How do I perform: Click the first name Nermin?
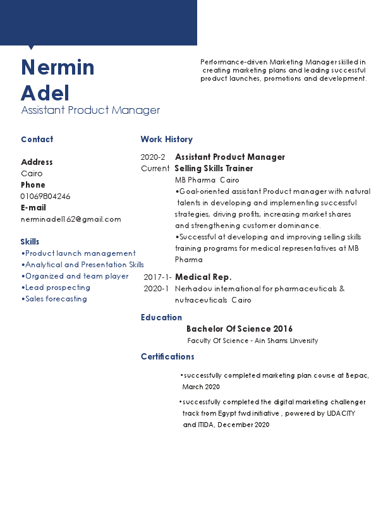[x=58, y=68]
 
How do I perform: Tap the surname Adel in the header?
[x=45, y=93]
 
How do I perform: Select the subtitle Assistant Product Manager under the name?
[x=90, y=111]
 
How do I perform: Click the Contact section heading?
[x=37, y=140]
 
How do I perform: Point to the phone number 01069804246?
[x=45, y=196]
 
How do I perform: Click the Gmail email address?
[x=71, y=219]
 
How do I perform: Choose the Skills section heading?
[x=30, y=242]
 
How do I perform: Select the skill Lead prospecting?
[x=56, y=287]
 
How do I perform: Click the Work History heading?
[x=166, y=140]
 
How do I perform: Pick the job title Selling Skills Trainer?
[x=214, y=169]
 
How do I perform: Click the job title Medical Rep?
[x=203, y=277]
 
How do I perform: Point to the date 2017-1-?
[x=157, y=277]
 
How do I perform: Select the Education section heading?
[x=161, y=318]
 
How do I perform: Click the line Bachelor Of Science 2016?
[x=239, y=329]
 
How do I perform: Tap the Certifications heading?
[x=167, y=357]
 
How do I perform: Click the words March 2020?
[x=201, y=387]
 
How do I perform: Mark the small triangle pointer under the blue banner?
[x=30, y=47]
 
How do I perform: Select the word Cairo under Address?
[x=32, y=174]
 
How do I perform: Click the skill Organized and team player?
[x=75, y=276]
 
